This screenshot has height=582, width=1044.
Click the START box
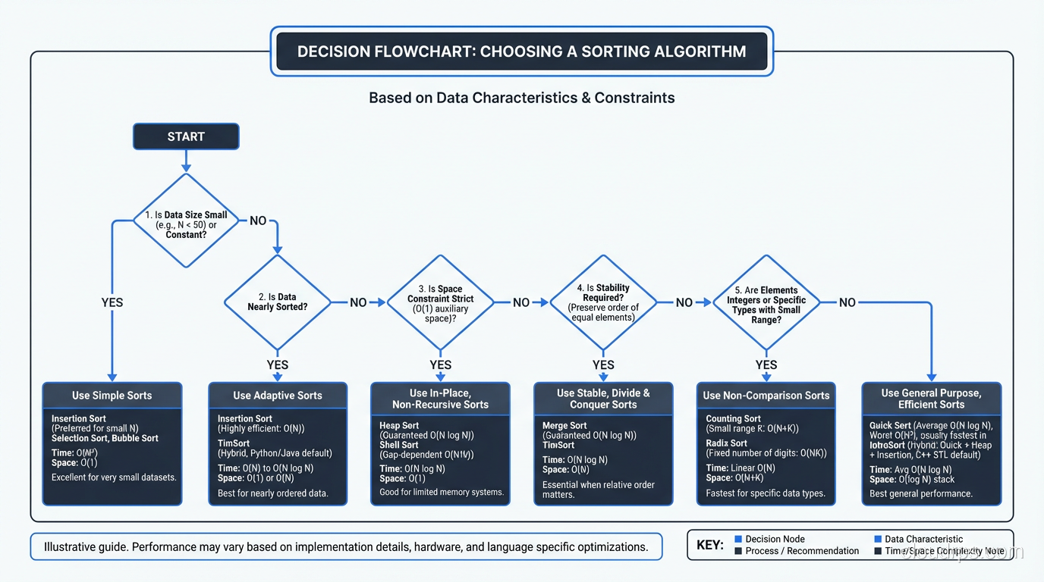tap(186, 136)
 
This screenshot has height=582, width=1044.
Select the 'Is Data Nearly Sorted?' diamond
tap(277, 302)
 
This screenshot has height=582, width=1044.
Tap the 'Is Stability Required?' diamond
tap(603, 302)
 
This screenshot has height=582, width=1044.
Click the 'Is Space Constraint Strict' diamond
tap(440, 302)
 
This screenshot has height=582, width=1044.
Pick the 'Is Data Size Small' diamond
tap(186, 221)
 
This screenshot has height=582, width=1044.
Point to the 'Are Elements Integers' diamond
tap(766, 302)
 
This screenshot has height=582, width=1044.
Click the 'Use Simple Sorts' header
tap(112, 396)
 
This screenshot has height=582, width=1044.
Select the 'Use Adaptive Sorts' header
tap(278, 396)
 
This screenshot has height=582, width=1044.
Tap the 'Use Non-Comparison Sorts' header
tap(766, 396)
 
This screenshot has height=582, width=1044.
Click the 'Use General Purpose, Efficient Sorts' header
tap(932, 399)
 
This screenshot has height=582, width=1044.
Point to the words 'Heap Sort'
tap(399, 426)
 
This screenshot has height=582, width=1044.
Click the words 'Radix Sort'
tap(727, 443)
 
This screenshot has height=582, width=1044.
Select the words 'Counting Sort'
tap(733, 418)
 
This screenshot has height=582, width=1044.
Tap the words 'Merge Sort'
tap(564, 426)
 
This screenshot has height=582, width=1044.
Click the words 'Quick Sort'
tap(891, 426)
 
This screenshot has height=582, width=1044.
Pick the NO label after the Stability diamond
tap(684, 302)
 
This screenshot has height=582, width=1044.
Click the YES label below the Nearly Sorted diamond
tap(278, 365)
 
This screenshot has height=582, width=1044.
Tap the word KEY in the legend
tap(710, 545)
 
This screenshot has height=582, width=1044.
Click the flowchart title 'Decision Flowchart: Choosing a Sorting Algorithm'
tap(522, 52)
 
